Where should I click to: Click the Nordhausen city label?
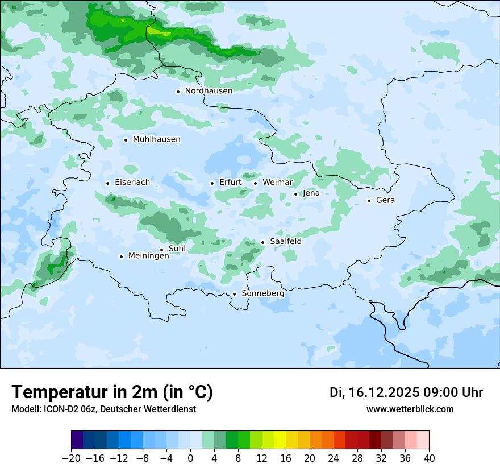pos(209,91)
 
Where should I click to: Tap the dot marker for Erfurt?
pos(212,183)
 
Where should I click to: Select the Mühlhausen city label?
pos(156,139)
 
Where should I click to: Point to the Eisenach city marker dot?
pos(107,183)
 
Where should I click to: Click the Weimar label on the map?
pos(277,183)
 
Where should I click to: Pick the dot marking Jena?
pos(295,194)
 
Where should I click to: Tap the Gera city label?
pos(385,200)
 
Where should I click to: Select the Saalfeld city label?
pos(285,242)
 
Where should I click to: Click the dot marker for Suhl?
pos(161,250)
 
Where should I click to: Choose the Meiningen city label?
pos(148,256)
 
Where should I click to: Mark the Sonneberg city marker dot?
pos(234,294)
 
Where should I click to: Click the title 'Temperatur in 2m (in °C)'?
pos(112,392)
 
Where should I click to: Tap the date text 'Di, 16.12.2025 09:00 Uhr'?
pos(406,392)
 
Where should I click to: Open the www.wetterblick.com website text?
pos(410,409)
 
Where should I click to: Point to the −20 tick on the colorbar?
pos(71,458)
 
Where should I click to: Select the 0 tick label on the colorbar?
pos(190,458)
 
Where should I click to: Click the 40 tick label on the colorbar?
pos(429,458)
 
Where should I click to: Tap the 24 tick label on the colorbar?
pos(334,458)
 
